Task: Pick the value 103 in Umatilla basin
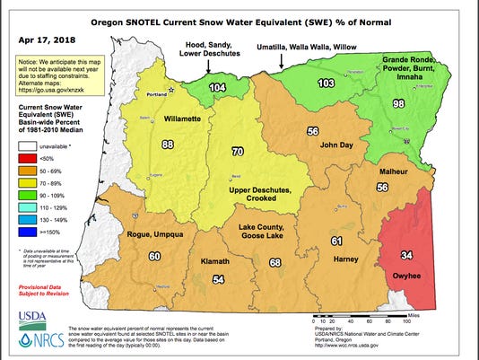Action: click(326, 83)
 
